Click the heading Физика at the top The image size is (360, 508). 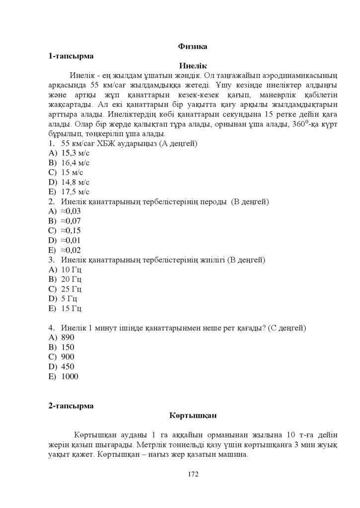(193, 47)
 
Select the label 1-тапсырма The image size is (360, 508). (71, 57)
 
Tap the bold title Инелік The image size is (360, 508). (193, 66)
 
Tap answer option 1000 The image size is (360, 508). (70, 377)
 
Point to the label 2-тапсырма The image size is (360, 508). (71, 406)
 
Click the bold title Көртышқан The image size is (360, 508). (193, 415)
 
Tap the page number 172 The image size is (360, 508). (193, 474)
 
